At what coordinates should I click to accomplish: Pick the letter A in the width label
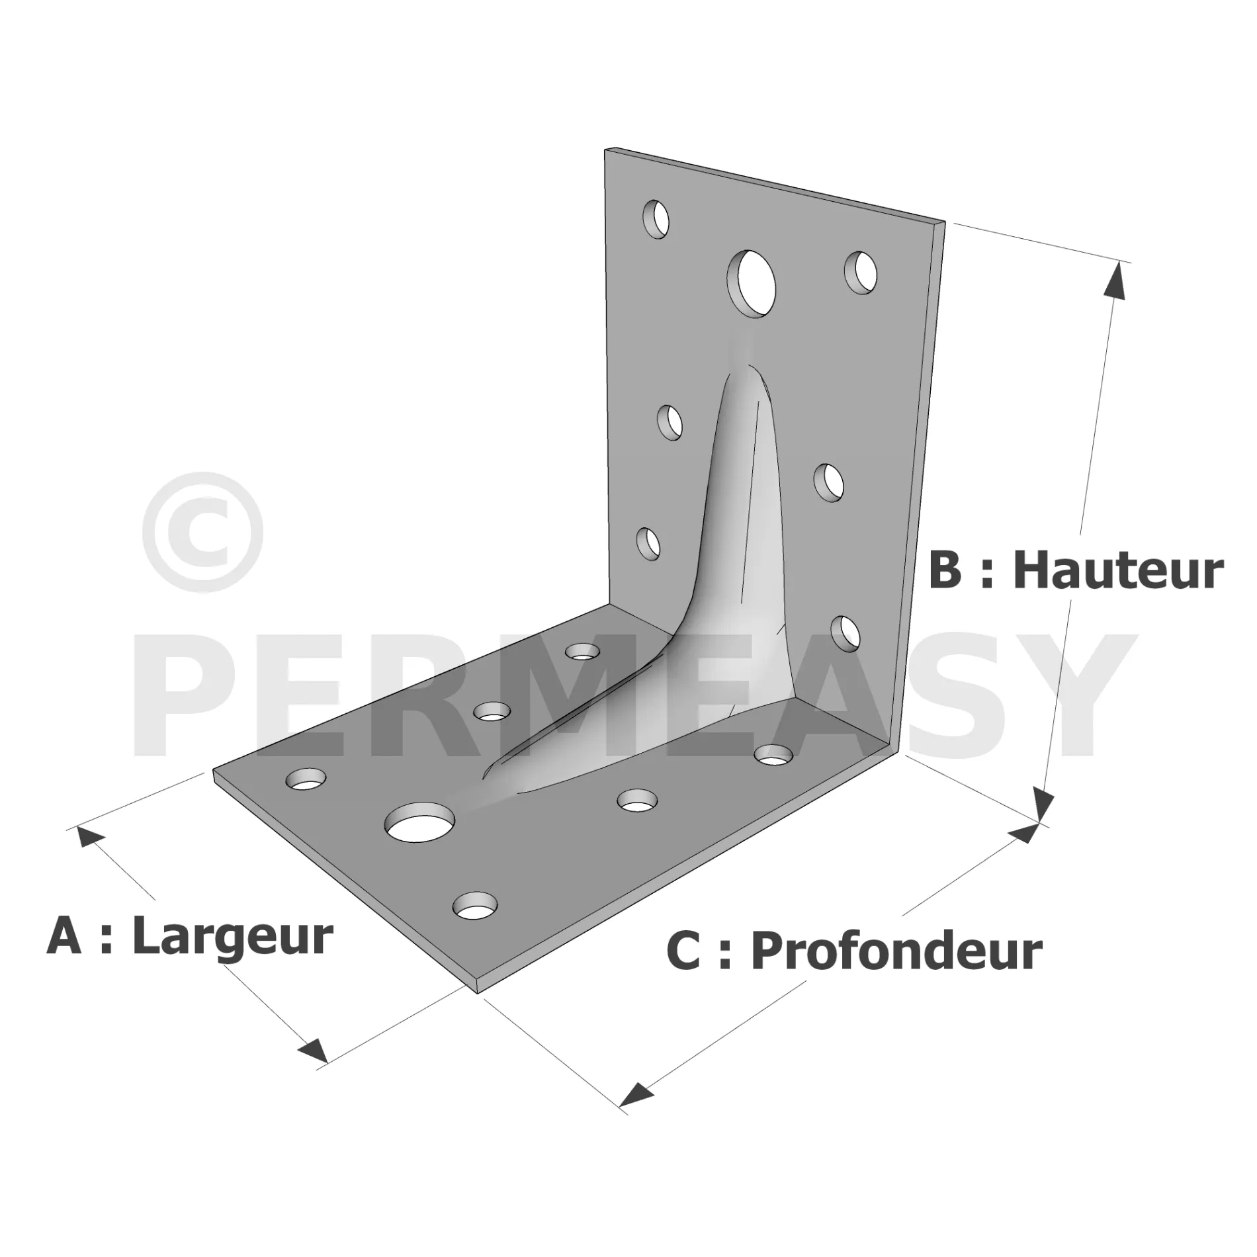tap(64, 936)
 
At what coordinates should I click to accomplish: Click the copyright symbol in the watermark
tap(202, 532)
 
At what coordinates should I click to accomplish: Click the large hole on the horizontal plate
tap(421, 822)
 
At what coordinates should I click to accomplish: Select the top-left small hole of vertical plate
tap(656, 218)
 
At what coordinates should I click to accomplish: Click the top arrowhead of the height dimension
tap(1116, 281)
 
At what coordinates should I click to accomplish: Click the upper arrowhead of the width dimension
tap(91, 836)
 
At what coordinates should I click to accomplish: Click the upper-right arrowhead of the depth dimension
tap(1022, 833)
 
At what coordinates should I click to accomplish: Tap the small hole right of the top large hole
tap(861, 272)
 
